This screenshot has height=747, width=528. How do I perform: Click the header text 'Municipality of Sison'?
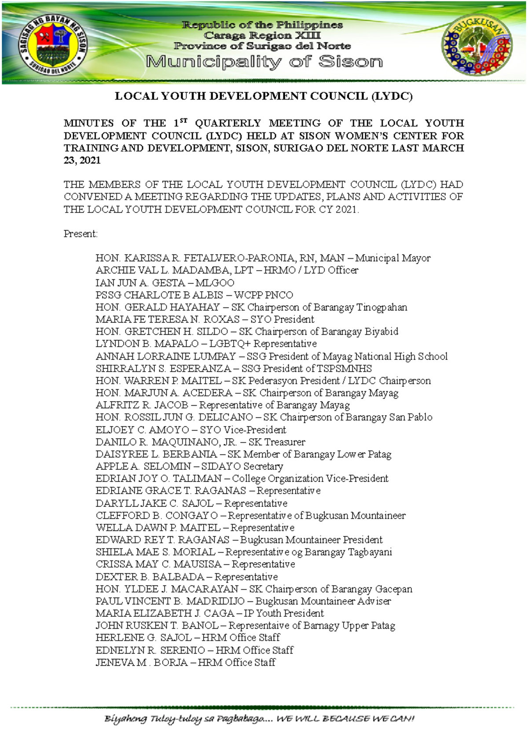coord(264,62)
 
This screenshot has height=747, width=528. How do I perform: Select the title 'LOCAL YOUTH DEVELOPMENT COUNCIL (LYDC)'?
coord(264,96)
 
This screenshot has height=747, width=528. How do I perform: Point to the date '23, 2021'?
coord(82,161)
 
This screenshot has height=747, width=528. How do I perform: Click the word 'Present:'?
coord(81,234)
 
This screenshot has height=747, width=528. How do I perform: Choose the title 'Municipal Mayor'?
coord(393,258)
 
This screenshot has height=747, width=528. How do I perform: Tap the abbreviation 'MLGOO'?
coord(215,283)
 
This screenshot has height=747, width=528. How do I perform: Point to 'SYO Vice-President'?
coord(243,430)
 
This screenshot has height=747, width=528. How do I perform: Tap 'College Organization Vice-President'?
coord(310,479)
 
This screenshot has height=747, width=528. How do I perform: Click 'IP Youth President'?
coord(284,613)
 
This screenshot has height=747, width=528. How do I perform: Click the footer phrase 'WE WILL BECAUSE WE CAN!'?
coord(345,719)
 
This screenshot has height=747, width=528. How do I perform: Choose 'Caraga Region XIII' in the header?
coord(262,36)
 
